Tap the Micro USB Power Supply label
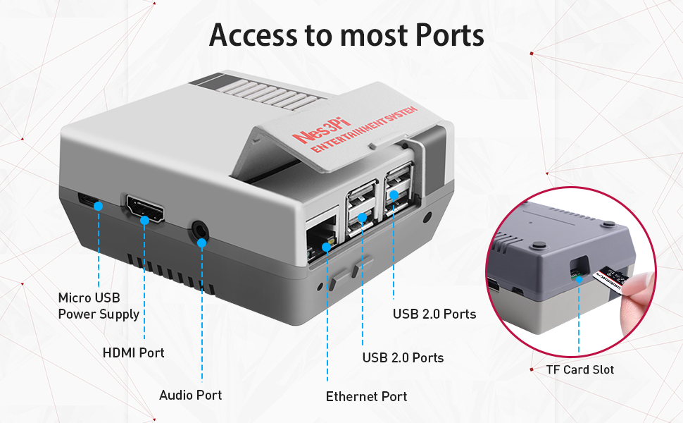99,306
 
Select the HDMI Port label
133,352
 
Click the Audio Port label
190,395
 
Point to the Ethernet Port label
366,396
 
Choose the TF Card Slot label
579,369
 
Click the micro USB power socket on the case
89,200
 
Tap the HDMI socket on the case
144,210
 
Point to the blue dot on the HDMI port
144,221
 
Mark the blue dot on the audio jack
202,243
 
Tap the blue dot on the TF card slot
579,278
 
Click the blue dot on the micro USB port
99,206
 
